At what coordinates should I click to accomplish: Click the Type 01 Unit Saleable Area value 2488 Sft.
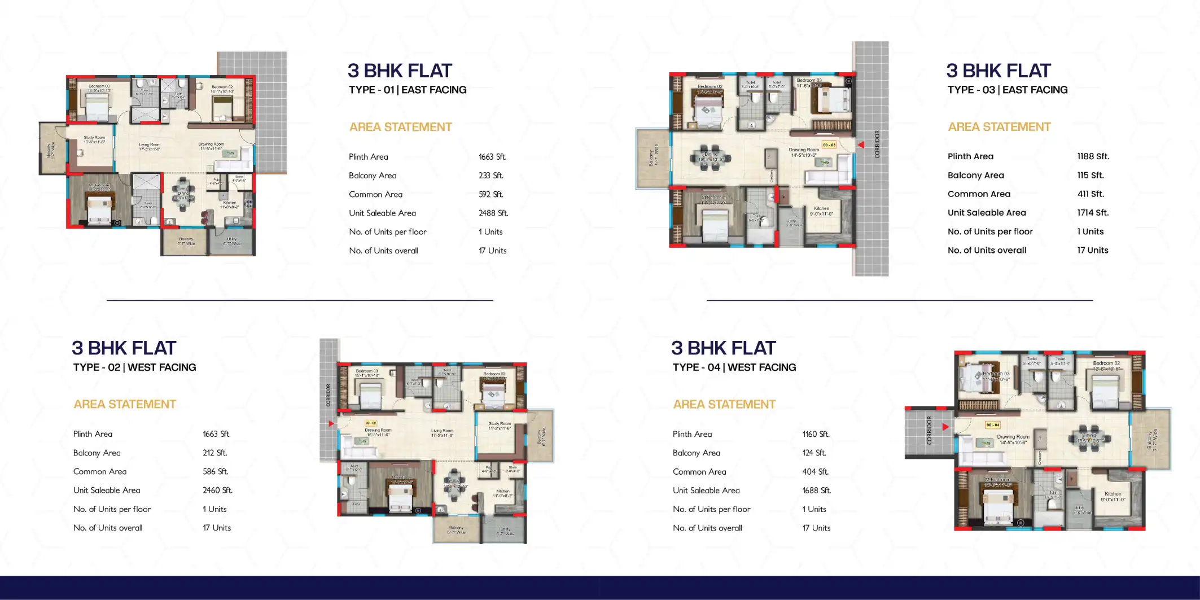(493, 213)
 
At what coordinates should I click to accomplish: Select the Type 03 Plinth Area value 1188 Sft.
(1093, 156)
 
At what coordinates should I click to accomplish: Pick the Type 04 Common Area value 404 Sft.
(815, 472)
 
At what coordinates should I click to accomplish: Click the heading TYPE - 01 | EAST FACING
(408, 90)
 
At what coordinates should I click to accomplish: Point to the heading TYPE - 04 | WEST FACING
(734, 367)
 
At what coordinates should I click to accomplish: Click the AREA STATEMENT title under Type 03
(999, 127)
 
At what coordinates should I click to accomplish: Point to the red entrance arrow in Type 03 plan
(861, 145)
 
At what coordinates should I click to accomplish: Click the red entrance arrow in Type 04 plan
(945, 427)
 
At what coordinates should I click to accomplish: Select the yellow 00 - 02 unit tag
(371, 423)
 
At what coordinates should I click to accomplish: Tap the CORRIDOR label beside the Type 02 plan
(328, 395)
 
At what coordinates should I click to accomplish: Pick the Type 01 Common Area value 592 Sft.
(490, 194)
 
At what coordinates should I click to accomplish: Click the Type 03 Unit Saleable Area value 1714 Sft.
(1093, 213)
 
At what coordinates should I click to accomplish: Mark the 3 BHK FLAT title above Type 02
(124, 348)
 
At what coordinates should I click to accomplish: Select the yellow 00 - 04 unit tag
(992, 425)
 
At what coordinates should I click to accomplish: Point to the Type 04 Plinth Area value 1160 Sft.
(816, 434)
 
